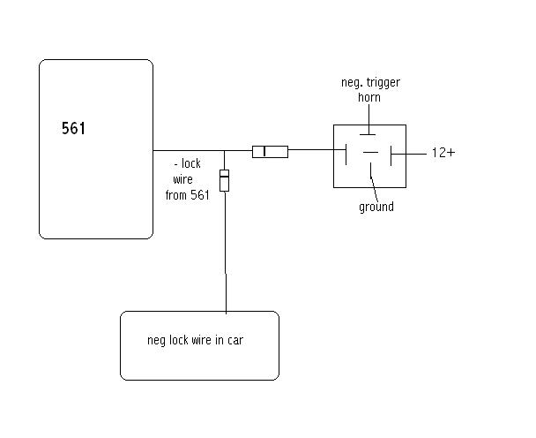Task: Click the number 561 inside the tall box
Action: click(74, 129)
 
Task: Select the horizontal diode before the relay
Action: click(270, 151)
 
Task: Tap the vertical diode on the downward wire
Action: click(225, 180)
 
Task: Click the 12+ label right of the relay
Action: click(443, 153)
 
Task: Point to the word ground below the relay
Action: click(376, 208)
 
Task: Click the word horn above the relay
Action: click(369, 97)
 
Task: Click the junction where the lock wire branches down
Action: click(225, 151)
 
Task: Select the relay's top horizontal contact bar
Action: click(369, 134)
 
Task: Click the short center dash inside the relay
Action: click(370, 154)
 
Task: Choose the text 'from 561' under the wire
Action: click(187, 195)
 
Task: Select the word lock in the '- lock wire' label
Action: click(192, 165)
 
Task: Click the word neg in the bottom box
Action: click(156, 340)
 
